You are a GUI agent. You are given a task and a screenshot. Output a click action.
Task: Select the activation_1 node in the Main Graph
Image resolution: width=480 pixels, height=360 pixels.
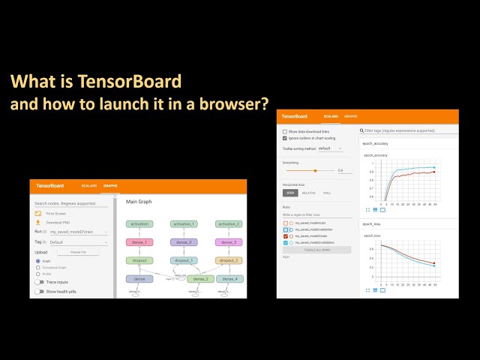(183, 223)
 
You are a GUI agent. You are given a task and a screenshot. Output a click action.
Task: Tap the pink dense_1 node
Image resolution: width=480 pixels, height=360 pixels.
(139, 242)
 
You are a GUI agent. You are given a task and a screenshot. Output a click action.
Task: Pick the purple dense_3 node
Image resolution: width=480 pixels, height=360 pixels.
(183, 242)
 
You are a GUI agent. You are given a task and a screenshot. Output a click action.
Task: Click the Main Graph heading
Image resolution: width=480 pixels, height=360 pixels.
(139, 202)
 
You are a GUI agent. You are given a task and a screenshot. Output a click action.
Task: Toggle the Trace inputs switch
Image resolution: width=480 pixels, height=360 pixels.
(40, 281)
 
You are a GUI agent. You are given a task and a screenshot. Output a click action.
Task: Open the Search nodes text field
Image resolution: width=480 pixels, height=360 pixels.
(71, 203)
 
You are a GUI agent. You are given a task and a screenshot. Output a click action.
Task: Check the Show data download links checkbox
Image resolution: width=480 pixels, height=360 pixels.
(285, 131)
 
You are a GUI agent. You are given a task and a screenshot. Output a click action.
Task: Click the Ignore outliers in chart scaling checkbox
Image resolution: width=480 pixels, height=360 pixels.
(285, 138)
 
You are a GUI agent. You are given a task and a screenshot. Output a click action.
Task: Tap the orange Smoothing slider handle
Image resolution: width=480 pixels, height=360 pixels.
(315, 170)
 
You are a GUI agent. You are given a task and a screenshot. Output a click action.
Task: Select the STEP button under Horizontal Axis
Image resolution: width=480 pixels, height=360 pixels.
(291, 193)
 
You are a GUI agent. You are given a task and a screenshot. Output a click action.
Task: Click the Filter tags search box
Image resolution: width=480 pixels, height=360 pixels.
(405, 130)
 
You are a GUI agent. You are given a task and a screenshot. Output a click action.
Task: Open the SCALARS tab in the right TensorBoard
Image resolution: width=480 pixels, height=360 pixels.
(330, 117)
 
